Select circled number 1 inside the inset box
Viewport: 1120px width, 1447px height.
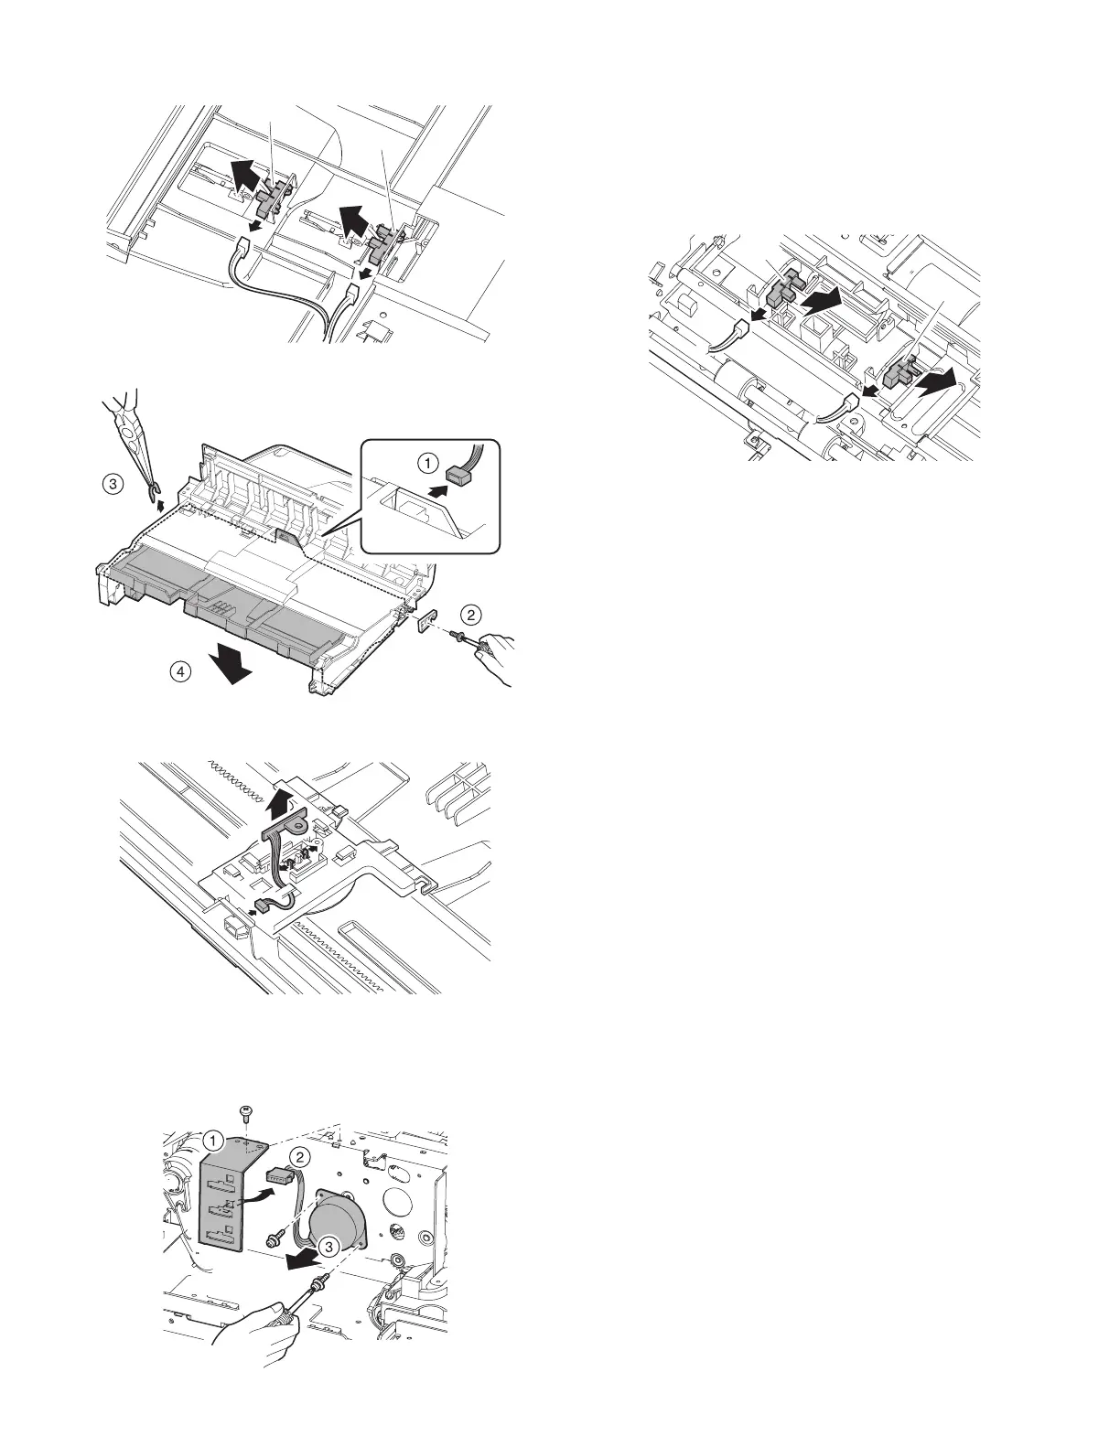point(426,463)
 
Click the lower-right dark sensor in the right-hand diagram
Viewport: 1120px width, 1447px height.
point(899,374)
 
